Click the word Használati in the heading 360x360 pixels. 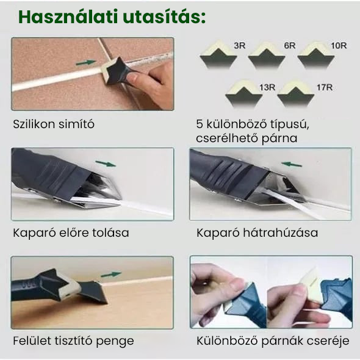click(x=68, y=16)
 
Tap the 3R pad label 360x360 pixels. click(x=240, y=46)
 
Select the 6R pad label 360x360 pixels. click(x=289, y=46)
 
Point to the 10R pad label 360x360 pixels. click(x=339, y=46)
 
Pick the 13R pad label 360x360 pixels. click(x=267, y=87)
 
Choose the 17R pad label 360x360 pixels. click(x=325, y=87)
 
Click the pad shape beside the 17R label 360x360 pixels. click(x=295, y=94)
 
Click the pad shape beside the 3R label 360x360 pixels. click(x=218, y=55)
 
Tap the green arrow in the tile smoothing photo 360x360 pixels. click(x=85, y=62)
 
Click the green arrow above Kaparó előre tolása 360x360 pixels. click(x=106, y=164)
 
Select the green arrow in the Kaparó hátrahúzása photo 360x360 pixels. click(x=291, y=164)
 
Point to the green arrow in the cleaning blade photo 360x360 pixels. click(x=111, y=274)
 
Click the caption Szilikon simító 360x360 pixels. click(x=54, y=124)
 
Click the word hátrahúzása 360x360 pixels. click(x=280, y=232)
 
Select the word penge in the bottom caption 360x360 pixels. click(x=115, y=341)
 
